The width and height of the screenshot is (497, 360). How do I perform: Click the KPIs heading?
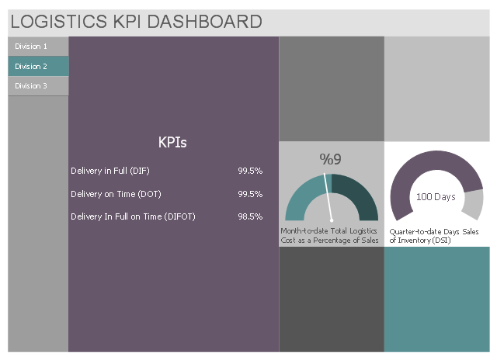point(172,142)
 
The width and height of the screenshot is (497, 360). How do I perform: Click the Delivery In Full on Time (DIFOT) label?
point(133,217)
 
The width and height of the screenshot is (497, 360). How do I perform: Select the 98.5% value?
point(250,217)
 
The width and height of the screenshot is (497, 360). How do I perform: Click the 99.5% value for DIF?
point(250,171)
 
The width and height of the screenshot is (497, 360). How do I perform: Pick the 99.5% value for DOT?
point(250,194)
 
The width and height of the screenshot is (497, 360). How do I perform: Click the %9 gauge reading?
point(330,160)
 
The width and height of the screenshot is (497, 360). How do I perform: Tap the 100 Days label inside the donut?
point(436,197)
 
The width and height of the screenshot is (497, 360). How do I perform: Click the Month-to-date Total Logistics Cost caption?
point(330,236)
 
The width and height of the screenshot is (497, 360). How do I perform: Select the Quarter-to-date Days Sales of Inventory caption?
point(435,236)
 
